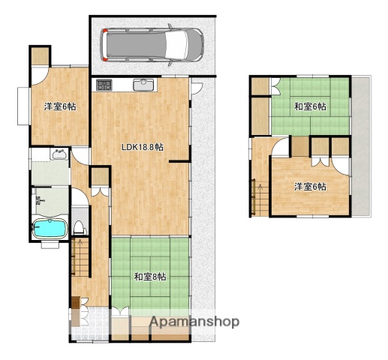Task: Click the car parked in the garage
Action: [x=152, y=45]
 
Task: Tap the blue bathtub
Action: [x=50, y=228]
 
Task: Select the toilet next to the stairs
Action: [x=80, y=227]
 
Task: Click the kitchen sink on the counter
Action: [x=143, y=85]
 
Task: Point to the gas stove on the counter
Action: [x=104, y=85]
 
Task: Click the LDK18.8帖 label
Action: [x=143, y=147]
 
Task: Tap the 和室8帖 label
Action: [x=150, y=277]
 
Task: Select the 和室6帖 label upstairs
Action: [x=310, y=106]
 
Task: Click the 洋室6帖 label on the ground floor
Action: [x=60, y=106]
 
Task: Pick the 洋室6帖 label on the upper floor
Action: [x=310, y=187]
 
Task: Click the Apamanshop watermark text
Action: [x=194, y=322]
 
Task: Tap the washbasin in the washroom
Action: [x=59, y=154]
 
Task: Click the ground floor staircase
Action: [x=80, y=257]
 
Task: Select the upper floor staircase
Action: [x=260, y=197]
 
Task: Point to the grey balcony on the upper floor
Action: [x=361, y=146]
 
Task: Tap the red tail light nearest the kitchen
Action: [x=105, y=59]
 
